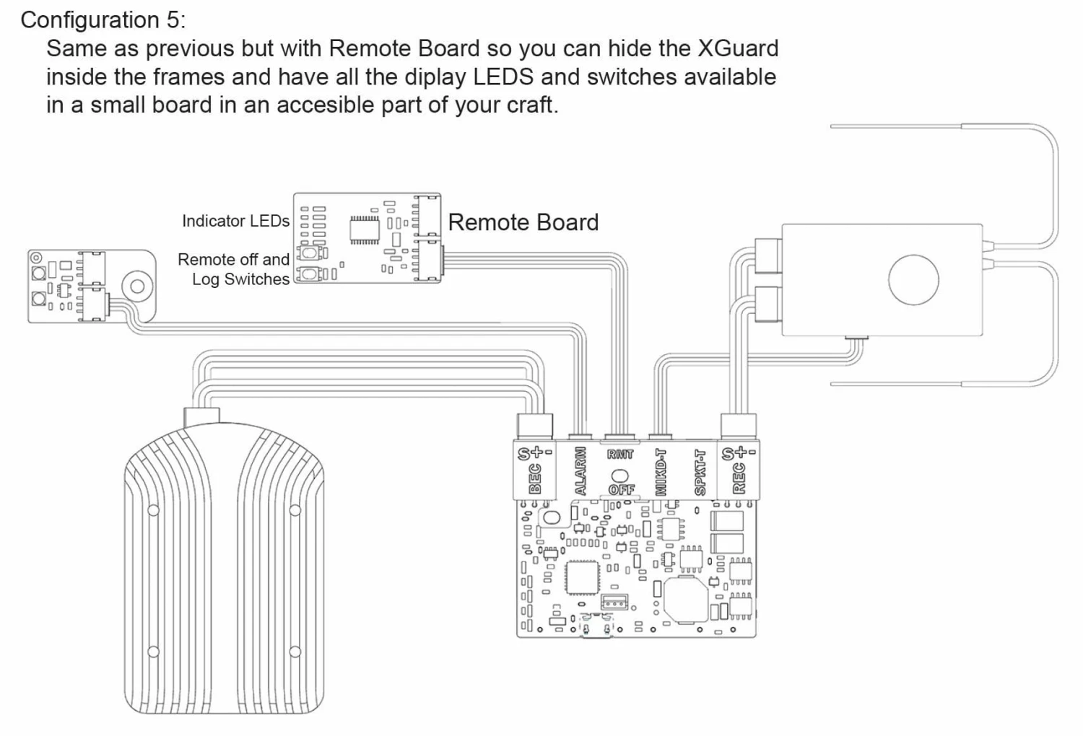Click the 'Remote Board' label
click(523, 222)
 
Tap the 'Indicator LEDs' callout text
click(235, 221)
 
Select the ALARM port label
click(580, 471)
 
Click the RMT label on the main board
click(620, 454)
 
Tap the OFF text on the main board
click(621, 489)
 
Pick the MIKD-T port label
click(660, 472)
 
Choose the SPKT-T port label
click(699, 473)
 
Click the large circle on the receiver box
click(913, 280)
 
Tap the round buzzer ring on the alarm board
click(137, 286)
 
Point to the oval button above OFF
click(620, 476)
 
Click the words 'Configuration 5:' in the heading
click(103, 19)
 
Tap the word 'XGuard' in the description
click(737, 48)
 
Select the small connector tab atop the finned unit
click(201, 416)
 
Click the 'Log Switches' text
click(240, 279)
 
